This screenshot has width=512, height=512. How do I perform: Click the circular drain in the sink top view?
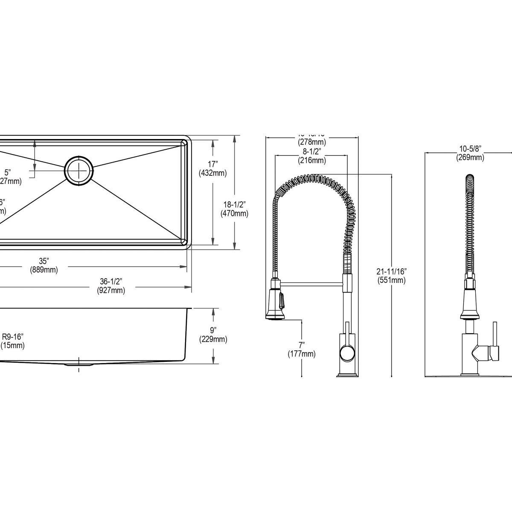tap(79, 170)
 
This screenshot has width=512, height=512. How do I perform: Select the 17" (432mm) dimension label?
tap(212, 168)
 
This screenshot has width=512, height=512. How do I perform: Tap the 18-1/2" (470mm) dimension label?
tap(234, 209)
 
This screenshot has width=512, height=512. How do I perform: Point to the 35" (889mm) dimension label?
tap(44, 265)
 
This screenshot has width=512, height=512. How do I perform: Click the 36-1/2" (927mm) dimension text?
tap(111, 286)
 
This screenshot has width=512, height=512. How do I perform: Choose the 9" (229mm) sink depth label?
tap(213, 335)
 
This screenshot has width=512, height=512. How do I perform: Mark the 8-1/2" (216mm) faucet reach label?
tap(311, 156)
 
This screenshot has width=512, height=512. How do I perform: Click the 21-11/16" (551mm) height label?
tap(391, 275)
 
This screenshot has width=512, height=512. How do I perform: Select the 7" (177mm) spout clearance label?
tap(302, 349)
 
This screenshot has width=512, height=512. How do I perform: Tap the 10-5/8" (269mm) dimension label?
tap(470, 153)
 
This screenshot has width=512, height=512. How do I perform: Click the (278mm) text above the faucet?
tap(311, 142)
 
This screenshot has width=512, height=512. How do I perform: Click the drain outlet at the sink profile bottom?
tap(79, 365)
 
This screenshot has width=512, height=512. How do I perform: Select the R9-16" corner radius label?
tap(13, 340)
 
